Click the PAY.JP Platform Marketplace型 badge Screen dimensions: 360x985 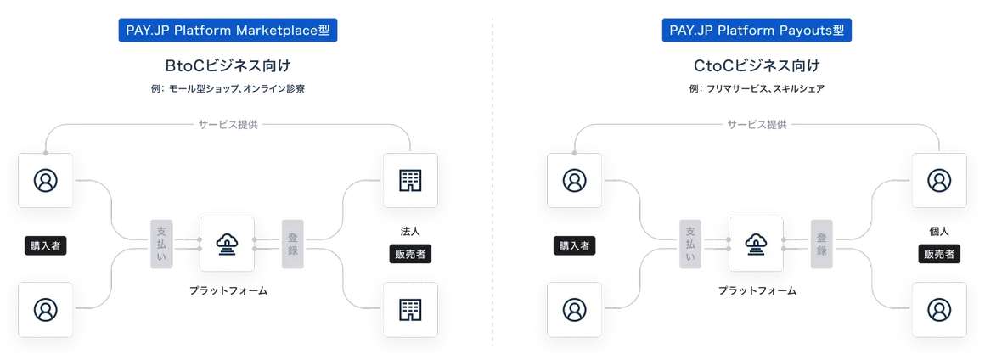point(227,31)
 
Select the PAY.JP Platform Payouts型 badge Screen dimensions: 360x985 point(757,31)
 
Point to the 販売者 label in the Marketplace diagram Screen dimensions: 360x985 point(411,253)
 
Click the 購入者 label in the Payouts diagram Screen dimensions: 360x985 point(574,246)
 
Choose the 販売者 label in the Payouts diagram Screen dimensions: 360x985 point(938,253)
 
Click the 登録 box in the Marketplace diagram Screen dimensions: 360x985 point(292,245)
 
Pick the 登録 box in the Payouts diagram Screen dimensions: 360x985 point(822,245)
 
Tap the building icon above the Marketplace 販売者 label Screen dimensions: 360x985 point(411,180)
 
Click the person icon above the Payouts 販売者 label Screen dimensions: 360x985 point(938,180)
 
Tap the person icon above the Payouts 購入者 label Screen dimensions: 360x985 point(574,180)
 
